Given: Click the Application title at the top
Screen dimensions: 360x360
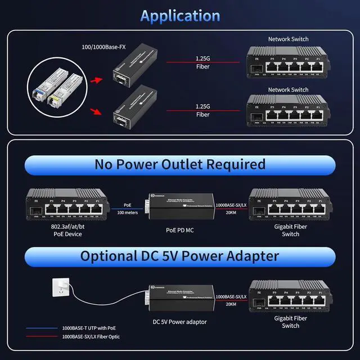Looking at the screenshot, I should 179,16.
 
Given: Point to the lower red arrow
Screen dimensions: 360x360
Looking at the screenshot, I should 101,111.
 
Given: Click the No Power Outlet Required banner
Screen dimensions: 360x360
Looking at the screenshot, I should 179,164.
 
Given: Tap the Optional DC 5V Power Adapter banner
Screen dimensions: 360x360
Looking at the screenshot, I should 179,256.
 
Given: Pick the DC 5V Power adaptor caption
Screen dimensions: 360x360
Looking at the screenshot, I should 179,322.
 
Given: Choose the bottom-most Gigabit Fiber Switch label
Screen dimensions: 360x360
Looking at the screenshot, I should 290,322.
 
